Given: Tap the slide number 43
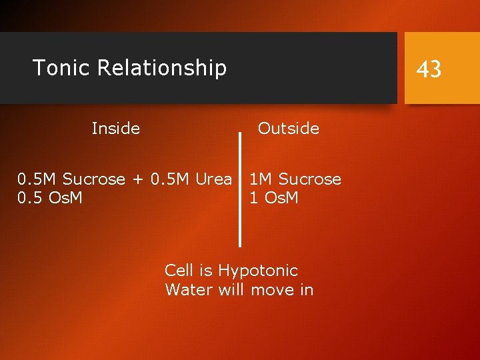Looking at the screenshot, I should point(429,69).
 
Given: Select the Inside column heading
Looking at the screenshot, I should point(116,128).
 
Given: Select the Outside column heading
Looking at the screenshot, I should point(289,128).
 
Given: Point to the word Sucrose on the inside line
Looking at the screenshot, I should point(94,179).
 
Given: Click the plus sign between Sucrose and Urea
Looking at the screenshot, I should point(138,180).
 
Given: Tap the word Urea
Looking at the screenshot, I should point(214,179).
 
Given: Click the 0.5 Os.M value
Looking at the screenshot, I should point(50,198).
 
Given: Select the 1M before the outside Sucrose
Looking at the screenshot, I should point(261,179).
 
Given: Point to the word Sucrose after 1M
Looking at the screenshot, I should point(309,179).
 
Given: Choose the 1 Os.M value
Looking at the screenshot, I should point(273,198).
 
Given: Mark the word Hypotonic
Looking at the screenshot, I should point(258,271).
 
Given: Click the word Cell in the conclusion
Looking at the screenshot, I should point(179,271).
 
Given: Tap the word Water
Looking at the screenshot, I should point(186,290).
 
